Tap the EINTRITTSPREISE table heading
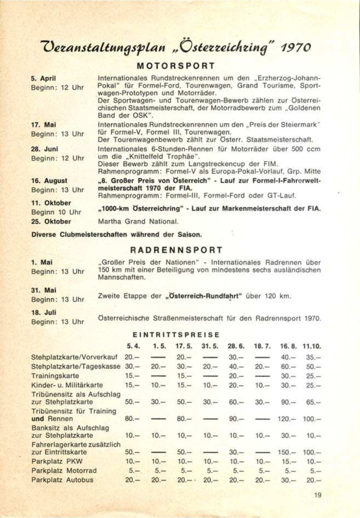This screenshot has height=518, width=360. tap(176, 335)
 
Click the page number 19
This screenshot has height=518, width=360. tap(319, 496)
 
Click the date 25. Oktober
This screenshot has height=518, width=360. tap(51, 222)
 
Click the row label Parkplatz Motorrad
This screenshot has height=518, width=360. tap(63, 471)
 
